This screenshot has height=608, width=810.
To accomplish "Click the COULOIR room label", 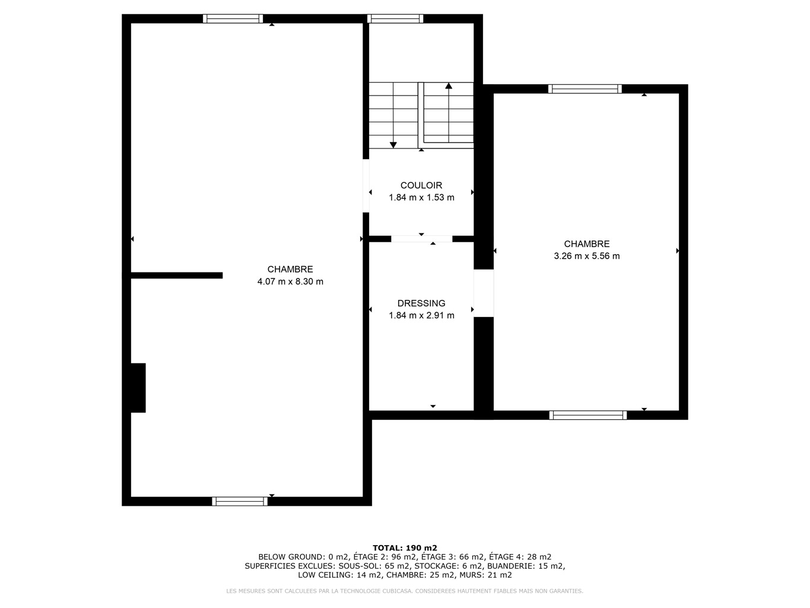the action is tap(421, 185).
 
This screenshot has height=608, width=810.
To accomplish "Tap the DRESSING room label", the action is tap(421, 303).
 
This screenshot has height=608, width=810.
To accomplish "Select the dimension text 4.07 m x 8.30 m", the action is tap(290, 281).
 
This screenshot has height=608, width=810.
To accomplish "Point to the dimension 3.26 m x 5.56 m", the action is tap(586, 256).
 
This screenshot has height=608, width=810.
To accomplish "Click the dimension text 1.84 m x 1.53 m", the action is tap(421, 198).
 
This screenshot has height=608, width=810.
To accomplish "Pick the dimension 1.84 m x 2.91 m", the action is tap(421, 315).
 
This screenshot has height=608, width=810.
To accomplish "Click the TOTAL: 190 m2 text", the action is tap(405, 548).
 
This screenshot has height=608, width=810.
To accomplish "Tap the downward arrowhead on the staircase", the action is tap(393, 145).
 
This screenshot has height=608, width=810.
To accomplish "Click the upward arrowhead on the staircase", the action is tap(449, 86).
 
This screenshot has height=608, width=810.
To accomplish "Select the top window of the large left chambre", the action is tap(233, 18).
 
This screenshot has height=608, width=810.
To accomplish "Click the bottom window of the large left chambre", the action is tap(240, 501).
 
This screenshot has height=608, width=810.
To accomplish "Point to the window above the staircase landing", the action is tap(395, 18).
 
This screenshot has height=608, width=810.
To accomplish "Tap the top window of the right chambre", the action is tap(585, 88).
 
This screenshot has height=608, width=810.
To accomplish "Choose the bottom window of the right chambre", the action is tap(588, 415).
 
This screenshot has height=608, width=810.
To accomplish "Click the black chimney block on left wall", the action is tap(138, 388).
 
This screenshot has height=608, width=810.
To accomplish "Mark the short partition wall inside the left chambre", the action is tap(176, 275).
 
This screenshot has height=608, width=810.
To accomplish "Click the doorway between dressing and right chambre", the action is tap(484, 293).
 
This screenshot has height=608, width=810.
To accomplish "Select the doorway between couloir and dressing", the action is tap(421, 239).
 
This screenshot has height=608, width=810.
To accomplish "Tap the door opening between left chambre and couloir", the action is tap(366, 186).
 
